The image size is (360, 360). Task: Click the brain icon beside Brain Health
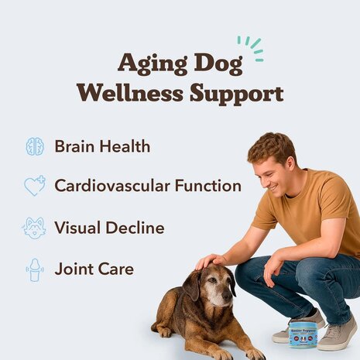pyautogui.click(x=34, y=146)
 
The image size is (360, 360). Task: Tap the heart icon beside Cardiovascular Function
pyautogui.click(x=34, y=187)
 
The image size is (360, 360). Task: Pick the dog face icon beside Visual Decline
pyautogui.click(x=34, y=228)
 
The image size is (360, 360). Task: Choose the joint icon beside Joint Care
pyautogui.click(x=34, y=269)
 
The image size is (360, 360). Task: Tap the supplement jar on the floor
pyautogui.click(x=303, y=334)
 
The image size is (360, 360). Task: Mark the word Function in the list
pyautogui.click(x=210, y=187)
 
